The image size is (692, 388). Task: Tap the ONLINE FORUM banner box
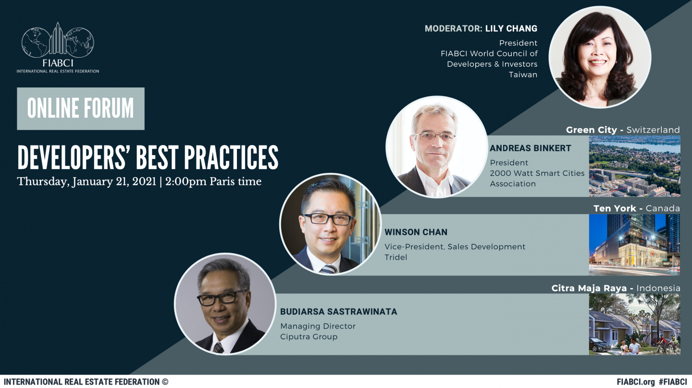coord(81,109)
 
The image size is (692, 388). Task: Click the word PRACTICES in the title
coord(231,158)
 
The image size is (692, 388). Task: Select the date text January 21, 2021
coord(114,182)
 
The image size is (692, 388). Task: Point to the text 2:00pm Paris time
coord(213,182)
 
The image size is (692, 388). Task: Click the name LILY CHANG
coord(511,28)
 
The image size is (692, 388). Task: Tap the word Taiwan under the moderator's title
coord(523,75)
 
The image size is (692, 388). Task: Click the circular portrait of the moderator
coord(600,57)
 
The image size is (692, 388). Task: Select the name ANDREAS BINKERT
coord(531,148)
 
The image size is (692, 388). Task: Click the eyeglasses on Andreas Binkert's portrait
coord(435,136)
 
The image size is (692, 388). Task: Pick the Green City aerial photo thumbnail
coord(634,166)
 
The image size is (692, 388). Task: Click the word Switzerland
coord(653,130)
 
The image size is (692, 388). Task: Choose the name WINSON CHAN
coord(416,232)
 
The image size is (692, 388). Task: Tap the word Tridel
coord(396,257)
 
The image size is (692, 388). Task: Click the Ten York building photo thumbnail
coord(634,245)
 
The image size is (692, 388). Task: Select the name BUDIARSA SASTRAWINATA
coord(339,312)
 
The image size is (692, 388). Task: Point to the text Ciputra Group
coord(309,337)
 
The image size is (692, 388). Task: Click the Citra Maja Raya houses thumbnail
coord(634,324)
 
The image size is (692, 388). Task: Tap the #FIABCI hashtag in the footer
coord(673,382)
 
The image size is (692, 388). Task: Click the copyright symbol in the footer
coord(165,382)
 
